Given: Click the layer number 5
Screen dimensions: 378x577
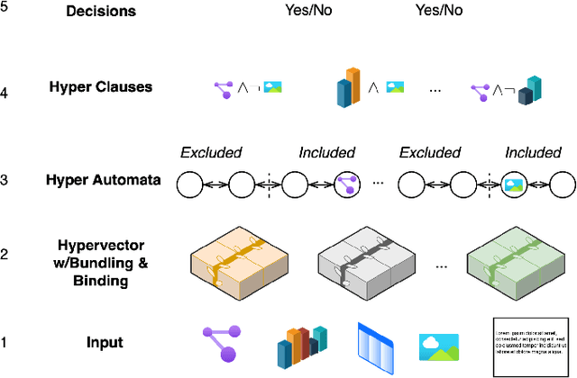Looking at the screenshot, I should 5,12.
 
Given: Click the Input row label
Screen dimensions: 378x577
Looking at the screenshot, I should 105,343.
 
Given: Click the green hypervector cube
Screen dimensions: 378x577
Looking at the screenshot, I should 512,259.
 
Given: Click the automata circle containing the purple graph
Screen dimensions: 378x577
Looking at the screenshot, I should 346,186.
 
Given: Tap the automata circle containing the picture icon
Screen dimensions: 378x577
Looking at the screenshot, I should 513,186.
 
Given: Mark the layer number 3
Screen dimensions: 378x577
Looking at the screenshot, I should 5,180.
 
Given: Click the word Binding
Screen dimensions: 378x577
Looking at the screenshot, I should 105,280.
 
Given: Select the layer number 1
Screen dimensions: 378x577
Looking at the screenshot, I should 5,343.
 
